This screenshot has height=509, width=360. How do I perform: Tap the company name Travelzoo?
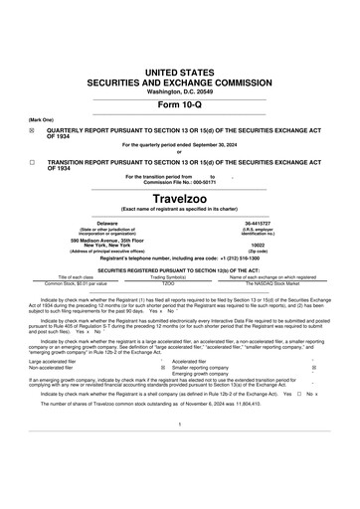[x=179, y=198]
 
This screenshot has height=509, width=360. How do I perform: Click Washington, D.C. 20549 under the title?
[x=179, y=91]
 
